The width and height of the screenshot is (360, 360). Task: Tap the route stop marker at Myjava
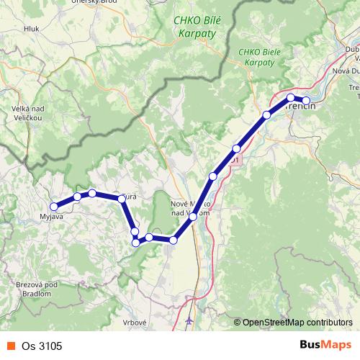53,207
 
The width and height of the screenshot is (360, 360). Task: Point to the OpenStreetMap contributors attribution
297,322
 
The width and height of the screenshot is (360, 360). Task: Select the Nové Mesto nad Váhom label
191,208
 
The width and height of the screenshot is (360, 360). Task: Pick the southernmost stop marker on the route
136,243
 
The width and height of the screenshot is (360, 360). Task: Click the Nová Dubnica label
346,71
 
